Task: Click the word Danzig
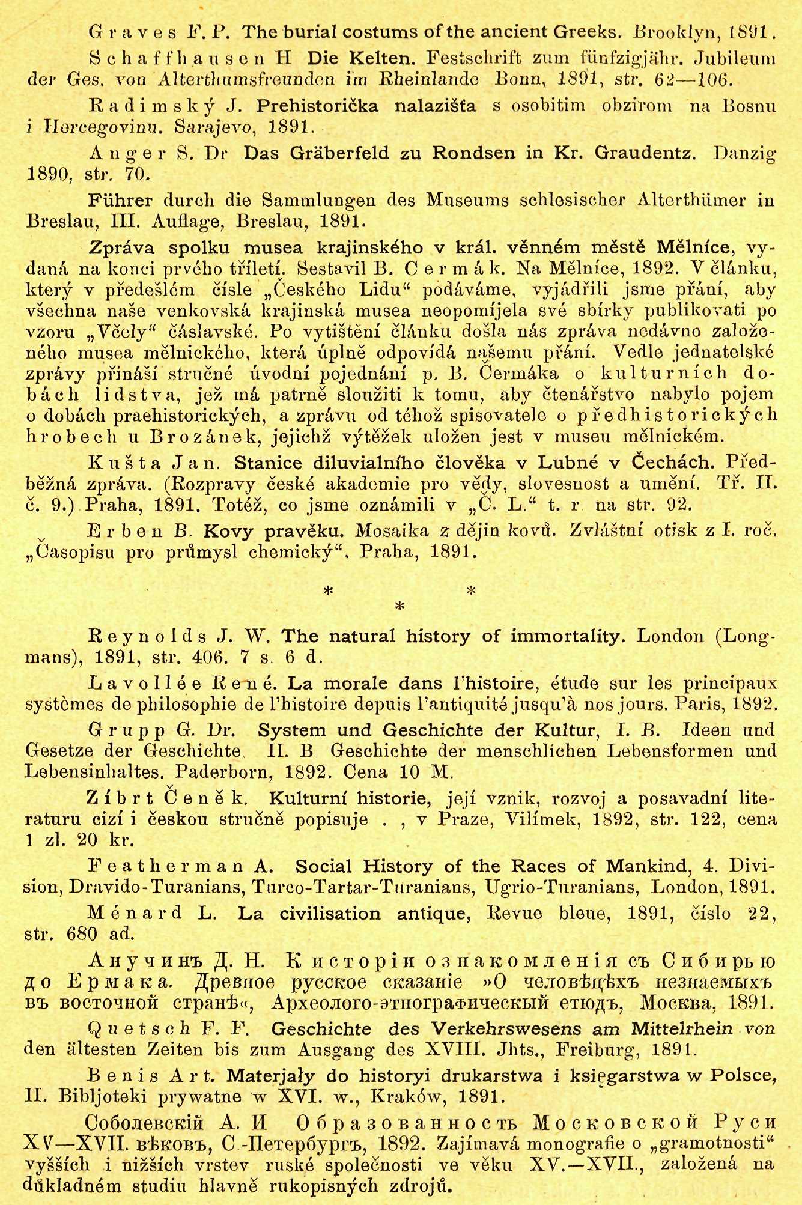pos(744,153)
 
